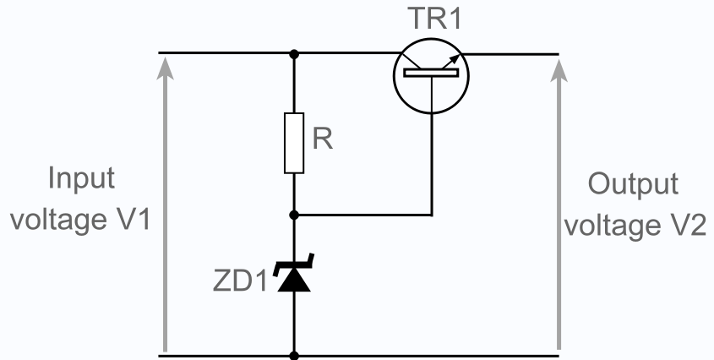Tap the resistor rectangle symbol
click(294, 142)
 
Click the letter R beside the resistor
click(323, 140)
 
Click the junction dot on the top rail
click(294, 54)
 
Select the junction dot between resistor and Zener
click(294, 215)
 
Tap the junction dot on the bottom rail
click(294, 356)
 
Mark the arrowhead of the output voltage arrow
click(559, 63)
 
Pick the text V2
click(684, 226)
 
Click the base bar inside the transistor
click(431, 74)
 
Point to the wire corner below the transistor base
click(431, 215)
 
